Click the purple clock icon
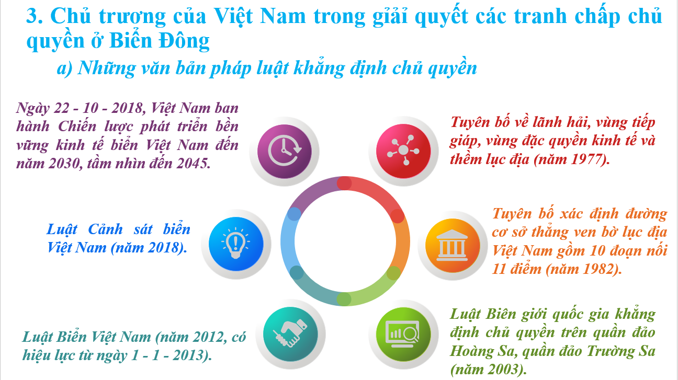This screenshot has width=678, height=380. click(x=285, y=151)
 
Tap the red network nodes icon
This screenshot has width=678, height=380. click(x=403, y=151)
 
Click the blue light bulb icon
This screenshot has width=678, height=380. click(x=236, y=244)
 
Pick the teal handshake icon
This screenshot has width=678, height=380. click(x=290, y=334)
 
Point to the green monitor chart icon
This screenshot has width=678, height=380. click(x=403, y=334)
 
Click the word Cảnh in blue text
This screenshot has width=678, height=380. click(x=105, y=229)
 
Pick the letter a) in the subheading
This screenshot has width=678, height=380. click(x=64, y=68)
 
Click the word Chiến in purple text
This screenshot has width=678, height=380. click(x=77, y=126)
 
